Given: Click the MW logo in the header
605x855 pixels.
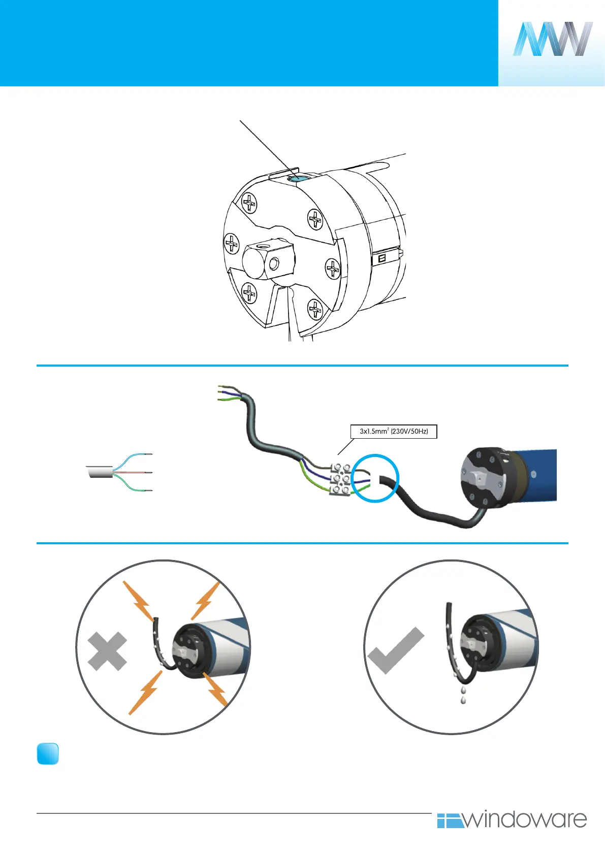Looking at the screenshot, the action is pos(552,39).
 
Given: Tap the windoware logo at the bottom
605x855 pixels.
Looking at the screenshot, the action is pos(512,819).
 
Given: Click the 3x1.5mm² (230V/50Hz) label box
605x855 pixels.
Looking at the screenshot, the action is pos(394,432).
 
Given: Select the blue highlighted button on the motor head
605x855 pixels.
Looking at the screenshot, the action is pos(296,179).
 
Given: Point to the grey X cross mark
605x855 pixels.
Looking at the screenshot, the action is pos(107,651).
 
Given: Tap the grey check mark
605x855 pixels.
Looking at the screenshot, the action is pos(396,651).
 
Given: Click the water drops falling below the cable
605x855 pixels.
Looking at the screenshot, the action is pos(463,695).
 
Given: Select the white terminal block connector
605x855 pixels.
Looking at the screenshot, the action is pos(340,478).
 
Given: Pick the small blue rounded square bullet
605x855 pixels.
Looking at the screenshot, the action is pos(48,754).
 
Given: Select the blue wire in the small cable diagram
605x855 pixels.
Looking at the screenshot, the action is pos(133,456).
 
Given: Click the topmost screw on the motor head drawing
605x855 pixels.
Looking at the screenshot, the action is pos(249,204).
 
